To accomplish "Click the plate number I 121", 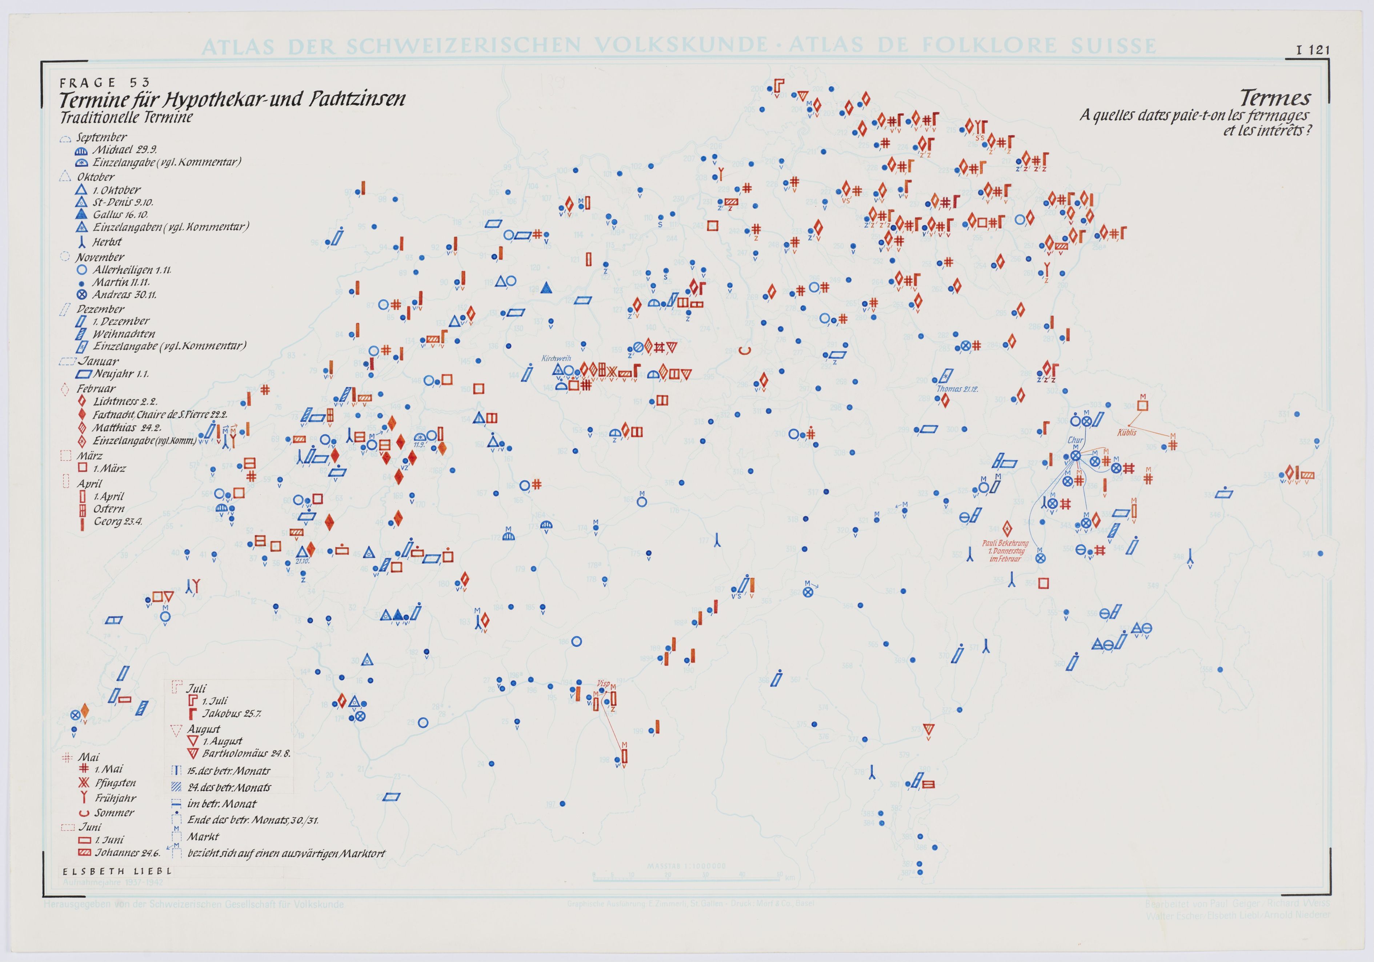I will pyautogui.click(x=1313, y=50).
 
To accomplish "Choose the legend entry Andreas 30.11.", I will pyautogui.click(x=124, y=295).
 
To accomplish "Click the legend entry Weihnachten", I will pyautogui.click(x=123, y=334).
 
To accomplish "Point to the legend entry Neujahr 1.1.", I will pyautogui.click(x=121, y=374).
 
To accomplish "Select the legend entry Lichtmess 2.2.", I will pyautogui.click(x=124, y=401).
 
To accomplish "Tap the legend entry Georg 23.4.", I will pyautogui.click(x=117, y=522).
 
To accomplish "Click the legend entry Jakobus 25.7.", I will pyautogui.click(x=231, y=714).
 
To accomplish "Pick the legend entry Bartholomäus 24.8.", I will pyautogui.click(x=246, y=754).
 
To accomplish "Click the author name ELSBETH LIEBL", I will pyautogui.click(x=117, y=871).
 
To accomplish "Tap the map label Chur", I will pyautogui.click(x=1075, y=440).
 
